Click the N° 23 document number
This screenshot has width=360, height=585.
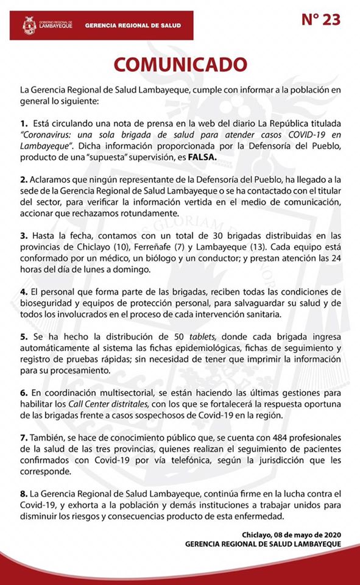click(322, 20)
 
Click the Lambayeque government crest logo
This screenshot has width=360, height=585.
click(29, 26)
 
